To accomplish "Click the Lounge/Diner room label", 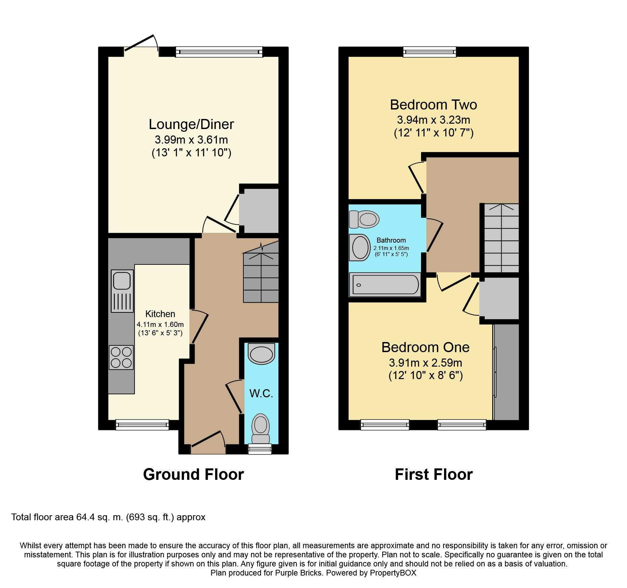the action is (191, 124).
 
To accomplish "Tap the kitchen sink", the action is (122, 291).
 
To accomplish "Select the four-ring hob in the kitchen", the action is (121, 358).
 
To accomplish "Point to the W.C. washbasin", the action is (261, 353).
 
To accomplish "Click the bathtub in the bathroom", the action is (385, 285).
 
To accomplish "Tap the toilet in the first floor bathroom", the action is (364, 219).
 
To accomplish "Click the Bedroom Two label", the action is (434, 105).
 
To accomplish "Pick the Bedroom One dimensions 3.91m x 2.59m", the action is (425, 363).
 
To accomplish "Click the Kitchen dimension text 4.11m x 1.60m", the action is (160, 324).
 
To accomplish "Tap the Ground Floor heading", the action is (193, 474).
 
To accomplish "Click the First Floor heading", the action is (434, 474).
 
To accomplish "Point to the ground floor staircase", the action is (261, 272).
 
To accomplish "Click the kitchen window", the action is (142, 425).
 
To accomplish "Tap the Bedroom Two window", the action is (430, 52).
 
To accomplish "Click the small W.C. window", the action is (260, 449).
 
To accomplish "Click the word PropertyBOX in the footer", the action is (393, 573).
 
